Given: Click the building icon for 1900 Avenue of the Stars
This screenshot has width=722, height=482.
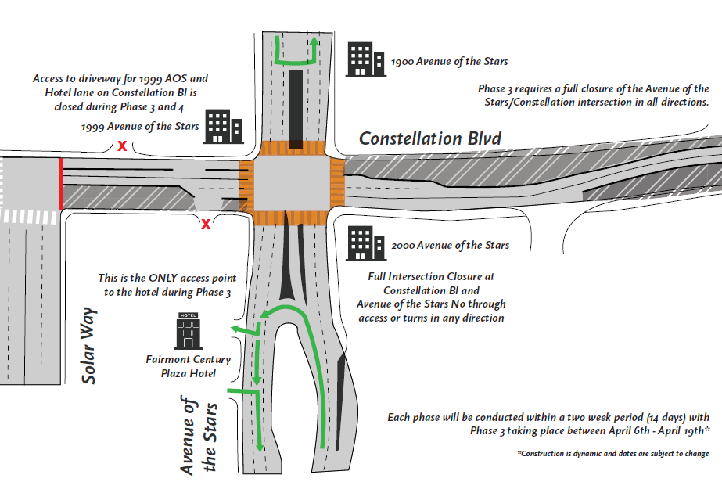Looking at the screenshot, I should point(365,59).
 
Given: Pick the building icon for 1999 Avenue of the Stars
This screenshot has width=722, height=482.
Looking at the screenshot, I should point(223,127).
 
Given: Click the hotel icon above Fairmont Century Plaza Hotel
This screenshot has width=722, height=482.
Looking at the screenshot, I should point(188,330).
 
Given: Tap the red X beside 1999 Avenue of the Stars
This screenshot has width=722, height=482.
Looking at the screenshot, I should point(121,146).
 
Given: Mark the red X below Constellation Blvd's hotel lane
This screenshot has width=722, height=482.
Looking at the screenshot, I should point(206,225).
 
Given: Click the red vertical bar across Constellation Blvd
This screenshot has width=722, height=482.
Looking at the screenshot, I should point(60,183).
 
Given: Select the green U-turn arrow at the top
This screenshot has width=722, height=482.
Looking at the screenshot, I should point(296,52).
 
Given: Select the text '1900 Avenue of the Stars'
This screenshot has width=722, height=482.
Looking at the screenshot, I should point(450,60).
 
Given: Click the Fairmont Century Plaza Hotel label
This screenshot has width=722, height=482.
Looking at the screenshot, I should point(189,366).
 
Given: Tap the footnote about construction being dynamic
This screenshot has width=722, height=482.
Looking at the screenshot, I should point(613,454).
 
